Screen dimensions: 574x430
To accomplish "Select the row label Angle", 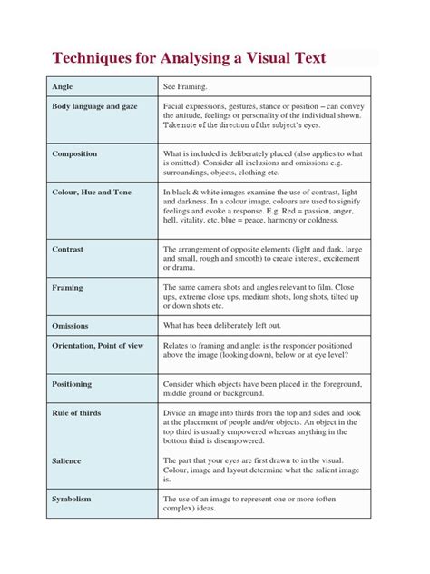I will click(63, 86).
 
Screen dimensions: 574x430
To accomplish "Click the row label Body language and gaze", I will click(95, 106).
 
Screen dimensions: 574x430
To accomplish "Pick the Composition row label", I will click(75, 153).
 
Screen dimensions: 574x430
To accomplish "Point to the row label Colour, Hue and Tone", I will click(92, 192).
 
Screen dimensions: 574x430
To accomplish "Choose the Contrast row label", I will click(68, 248).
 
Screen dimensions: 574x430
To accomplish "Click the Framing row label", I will click(68, 287).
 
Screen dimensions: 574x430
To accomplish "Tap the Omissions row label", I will click(72, 325).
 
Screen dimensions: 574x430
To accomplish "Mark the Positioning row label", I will click(73, 384).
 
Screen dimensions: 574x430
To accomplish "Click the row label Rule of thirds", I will click(77, 413).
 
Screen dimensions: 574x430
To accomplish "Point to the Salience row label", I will click(69, 460).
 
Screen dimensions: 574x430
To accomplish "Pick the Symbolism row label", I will click(73, 500).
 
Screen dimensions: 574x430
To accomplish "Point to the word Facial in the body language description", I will click(174, 106).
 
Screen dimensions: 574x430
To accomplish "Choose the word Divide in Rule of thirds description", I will click(175, 413).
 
